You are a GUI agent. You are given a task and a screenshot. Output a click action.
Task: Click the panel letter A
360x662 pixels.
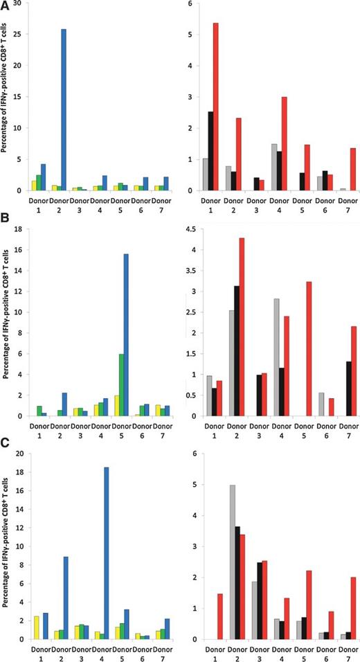pos(6,6)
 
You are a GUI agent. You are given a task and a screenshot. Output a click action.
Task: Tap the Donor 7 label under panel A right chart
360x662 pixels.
pos(332,206)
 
